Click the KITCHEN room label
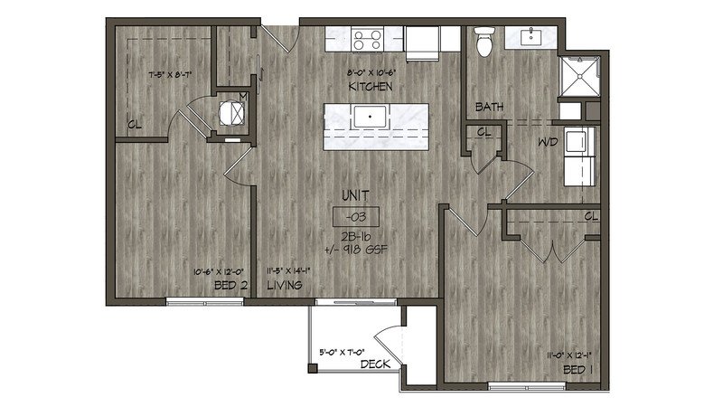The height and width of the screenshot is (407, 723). (x=368, y=86)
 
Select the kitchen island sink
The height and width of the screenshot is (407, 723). (x=369, y=117)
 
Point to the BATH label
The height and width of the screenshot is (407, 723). (x=489, y=108)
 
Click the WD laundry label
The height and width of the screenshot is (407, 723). (x=548, y=142)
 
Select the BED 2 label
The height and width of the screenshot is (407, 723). (x=231, y=285)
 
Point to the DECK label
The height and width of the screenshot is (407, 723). (x=374, y=364)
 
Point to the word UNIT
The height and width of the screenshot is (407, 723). (x=354, y=195)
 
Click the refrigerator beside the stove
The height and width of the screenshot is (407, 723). (x=422, y=41)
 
